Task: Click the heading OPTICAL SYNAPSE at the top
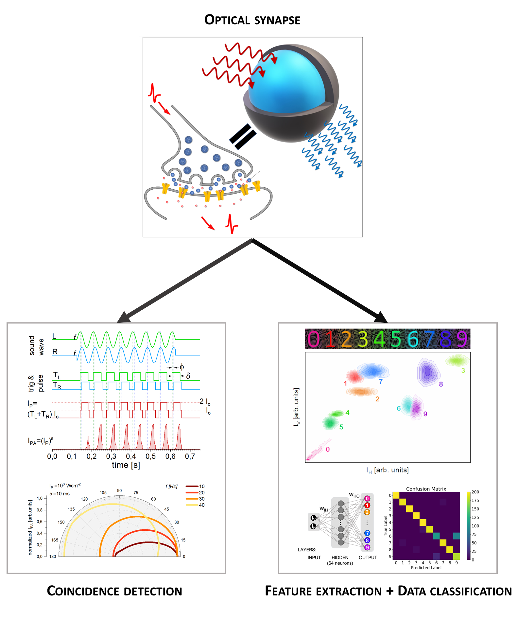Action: pyautogui.click(x=252, y=20)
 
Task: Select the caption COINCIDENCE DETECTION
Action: pyautogui.click(x=114, y=591)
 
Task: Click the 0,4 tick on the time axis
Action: pyautogui.click(x=131, y=456)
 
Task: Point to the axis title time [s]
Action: pyautogui.click(x=126, y=465)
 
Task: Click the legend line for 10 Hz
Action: pyautogui.click(x=192, y=487)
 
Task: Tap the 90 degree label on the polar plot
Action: pyautogui.click(x=119, y=491)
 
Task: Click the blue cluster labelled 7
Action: pyautogui.click(x=373, y=371)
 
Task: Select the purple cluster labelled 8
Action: pyautogui.click(x=427, y=372)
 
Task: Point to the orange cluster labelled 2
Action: pyautogui.click(x=361, y=391)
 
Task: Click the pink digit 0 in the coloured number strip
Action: pyautogui.click(x=314, y=339)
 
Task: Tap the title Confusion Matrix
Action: pyautogui.click(x=426, y=489)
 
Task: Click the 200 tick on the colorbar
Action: pyautogui.click(x=475, y=492)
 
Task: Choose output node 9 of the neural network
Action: pyautogui.click(x=367, y=547)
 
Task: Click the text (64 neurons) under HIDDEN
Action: pyautogui.click(x=340, y=563)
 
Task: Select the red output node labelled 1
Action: pyautogui.click(x=367, y=506)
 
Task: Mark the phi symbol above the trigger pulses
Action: pyautogui.click(x=182, y=367)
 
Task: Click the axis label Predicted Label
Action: pyautogui.click(x=426, y=568)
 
